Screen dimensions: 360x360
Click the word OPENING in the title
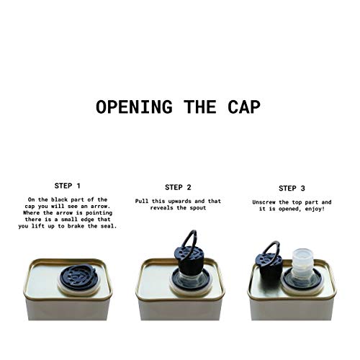click(135, 107)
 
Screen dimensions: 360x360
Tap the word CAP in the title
click(244, 107)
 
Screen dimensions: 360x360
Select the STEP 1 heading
click(67, 186)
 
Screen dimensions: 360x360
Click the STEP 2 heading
click(178, 187)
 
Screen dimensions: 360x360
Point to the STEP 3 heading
click(292, 189)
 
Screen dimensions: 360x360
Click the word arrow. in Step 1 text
click(100, 207)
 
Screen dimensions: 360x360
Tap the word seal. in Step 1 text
click(109, 226)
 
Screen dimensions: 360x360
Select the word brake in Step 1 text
click(76, 226)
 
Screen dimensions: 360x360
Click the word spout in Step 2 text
click(198, 208)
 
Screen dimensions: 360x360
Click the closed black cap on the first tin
click(78, 278)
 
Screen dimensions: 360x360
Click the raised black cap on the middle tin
click(189, 261)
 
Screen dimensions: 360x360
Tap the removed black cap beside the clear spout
click(270, 268)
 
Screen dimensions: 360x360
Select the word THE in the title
click(200, 107)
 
